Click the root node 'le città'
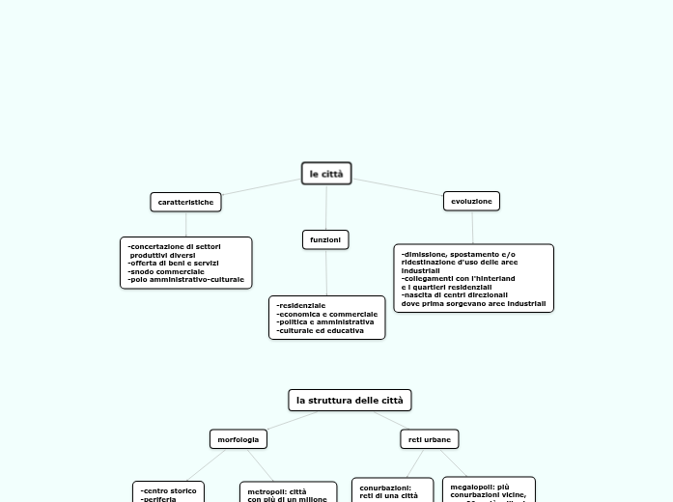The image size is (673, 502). (x=326, y=174)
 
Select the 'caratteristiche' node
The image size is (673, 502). (x=185, y=202)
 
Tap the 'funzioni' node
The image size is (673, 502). (x=325, y=239)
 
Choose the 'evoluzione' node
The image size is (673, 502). (x=471, y=201)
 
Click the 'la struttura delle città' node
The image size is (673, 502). (x=350, y=400)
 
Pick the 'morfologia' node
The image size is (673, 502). (x=238, y=439)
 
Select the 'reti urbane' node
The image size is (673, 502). (x=430, y=439)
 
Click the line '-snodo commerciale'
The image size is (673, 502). (x=166, y=271)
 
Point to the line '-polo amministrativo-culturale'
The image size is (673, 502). (x=185, y=280)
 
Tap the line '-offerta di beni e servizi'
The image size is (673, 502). (x=174, y=263)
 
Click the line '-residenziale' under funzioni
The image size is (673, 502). (x=301, y=305)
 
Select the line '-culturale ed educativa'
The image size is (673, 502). (x=321, y=331)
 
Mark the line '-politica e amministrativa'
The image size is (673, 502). (x=325, y=322)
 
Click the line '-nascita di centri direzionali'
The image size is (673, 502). (x=455, y=295)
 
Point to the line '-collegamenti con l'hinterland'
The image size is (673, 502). (x=459, y=279)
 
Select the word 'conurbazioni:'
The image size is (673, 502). (x=385, y=488)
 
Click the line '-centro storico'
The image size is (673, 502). (x=168, y=490)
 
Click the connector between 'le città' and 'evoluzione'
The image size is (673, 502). (x=398, y=185)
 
